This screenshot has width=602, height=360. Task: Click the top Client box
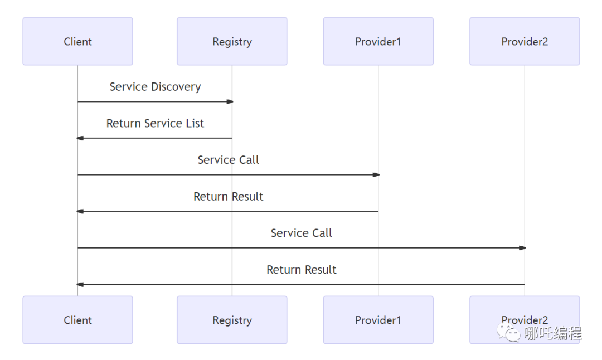pyautogui.click(x=77, y=41)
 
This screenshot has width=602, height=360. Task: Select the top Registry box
pyautogui.click(x=232, y=41)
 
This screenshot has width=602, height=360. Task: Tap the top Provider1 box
pyautogui.click(x=378, y=41)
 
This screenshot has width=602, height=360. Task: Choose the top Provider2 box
pyautogui.click(x=525, y=41)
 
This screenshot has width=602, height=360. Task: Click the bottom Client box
pyautogui.click(x=77, y=320)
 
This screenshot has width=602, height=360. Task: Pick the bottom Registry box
pyautogui.click(x=232, y=320)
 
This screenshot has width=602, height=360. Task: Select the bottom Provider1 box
pyautogui.click(x=378, y=320)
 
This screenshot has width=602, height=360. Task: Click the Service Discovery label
pyautogui.click(x=155, y=87)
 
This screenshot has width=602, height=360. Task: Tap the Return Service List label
pyautogui.click(x=155, y=123)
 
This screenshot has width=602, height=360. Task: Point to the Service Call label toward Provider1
pyautogui.click(x=229, y=159)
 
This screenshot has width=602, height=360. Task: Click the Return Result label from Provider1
pyautogui.click(x=229, y=197)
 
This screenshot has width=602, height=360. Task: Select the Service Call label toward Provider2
pyautogui.click(x=302, y=233)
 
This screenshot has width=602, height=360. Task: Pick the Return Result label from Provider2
pyautogui.click(x=302, y=269)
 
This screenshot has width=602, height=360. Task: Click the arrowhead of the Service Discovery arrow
pyautogui.click(x=230, y=102)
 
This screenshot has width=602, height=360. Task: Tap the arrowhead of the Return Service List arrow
pyautogui.click(x=80, y=138)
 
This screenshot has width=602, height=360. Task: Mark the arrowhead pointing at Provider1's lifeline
pyautogui.click(x=376, y=175)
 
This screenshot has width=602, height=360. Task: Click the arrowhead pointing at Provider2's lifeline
pyautogui.click(x=522, y=248)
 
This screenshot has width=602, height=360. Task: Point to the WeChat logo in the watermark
pyautogui.click(x=508, y=332)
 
